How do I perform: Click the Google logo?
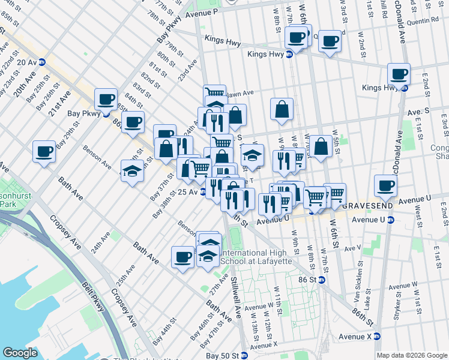click(x=20, y=353)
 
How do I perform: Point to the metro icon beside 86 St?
click(x=321, y=280)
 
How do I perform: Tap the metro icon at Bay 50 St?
click(x=244, y=356)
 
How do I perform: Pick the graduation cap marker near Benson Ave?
click(x=132, y=171)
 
